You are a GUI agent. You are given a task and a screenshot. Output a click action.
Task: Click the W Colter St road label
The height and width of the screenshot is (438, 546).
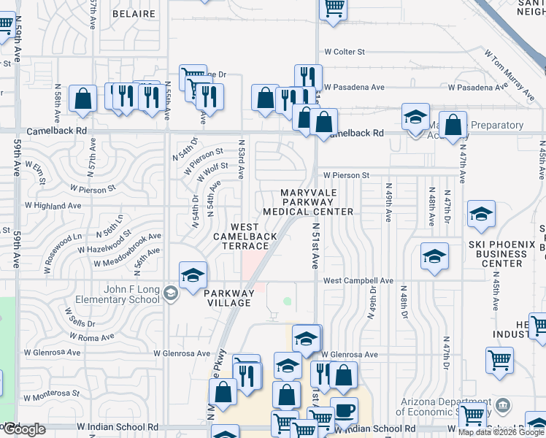345,52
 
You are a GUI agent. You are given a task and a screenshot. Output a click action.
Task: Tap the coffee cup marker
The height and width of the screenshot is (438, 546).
344,409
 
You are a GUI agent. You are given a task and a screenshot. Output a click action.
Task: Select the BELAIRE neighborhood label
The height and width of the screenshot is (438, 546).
135,13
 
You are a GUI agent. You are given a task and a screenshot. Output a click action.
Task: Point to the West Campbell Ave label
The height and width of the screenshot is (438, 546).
358,280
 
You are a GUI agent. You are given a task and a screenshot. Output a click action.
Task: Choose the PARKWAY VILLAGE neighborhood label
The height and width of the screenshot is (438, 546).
228,299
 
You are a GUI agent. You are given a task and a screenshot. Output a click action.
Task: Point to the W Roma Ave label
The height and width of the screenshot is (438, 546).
91,337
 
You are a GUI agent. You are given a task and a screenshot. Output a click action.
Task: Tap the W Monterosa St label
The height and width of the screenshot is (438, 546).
51,396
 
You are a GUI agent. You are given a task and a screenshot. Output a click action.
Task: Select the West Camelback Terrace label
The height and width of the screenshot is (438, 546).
245,236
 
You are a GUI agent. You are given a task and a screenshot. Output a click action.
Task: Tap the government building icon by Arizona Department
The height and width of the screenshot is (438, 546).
502,404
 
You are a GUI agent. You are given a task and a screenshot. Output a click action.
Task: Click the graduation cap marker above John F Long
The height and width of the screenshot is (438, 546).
193,275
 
